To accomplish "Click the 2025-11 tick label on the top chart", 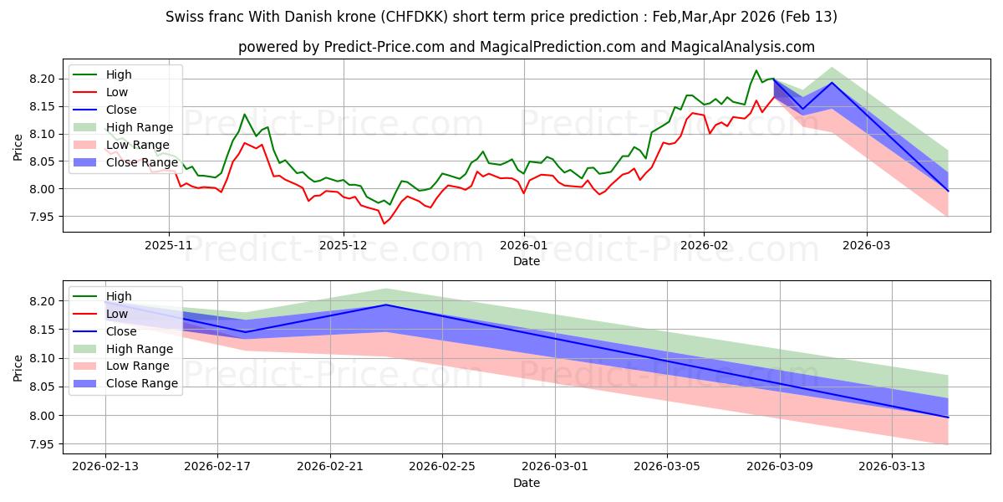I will tap(169, 246).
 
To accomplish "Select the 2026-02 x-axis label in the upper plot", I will tap(704, 246).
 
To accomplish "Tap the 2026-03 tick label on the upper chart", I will tap(867, 246).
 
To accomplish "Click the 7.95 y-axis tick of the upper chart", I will tap(45, 217).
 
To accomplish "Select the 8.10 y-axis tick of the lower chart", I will tap(45, 358).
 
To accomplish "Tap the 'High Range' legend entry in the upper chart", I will tap(140, 127).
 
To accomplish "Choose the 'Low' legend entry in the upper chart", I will tap(118, 92).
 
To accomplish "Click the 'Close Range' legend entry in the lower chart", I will tap(142, 383).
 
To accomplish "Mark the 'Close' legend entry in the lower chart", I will tap(121, 331).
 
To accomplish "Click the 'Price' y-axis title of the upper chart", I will tap(18, 147).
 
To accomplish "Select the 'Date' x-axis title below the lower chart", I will tap(527, 483).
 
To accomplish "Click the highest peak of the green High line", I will tap(756, 70).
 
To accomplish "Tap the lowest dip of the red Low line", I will tap(384, 223).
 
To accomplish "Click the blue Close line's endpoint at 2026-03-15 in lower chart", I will tap(949, 417).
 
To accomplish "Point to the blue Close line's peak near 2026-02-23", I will tap(386, 305).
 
